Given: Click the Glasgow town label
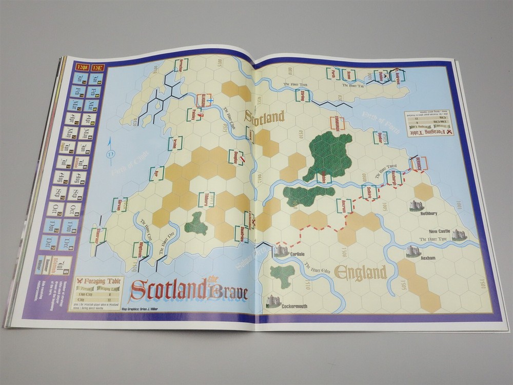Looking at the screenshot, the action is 203,100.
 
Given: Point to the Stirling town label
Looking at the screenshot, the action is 303,95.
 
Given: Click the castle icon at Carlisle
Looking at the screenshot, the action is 282,250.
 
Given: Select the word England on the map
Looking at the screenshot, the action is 360,272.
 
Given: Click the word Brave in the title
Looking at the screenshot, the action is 227,293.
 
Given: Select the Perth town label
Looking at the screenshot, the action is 333,73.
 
